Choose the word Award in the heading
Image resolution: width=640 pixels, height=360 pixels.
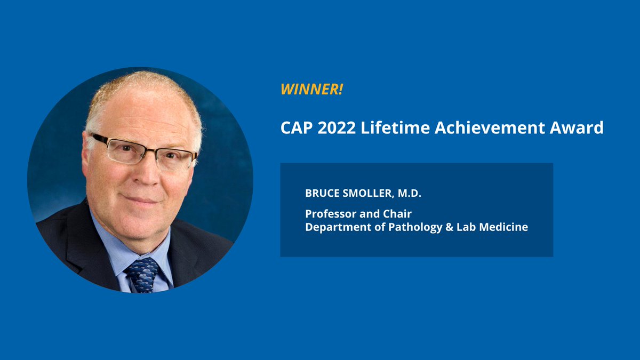tap(580, 129)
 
